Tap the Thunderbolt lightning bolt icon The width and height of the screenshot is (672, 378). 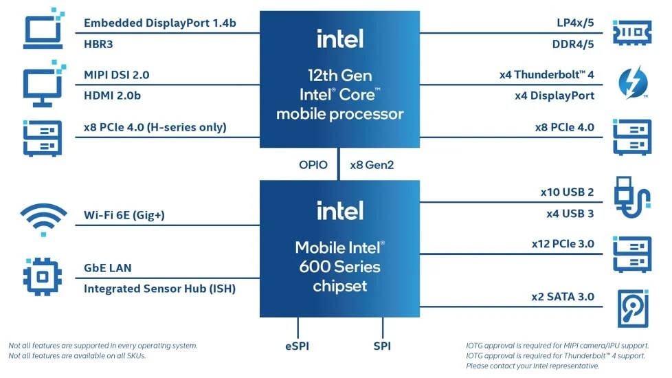tap(633, 82)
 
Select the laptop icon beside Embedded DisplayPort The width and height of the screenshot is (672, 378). tap(43, 29)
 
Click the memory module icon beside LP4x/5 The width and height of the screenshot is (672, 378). tap(632, 32)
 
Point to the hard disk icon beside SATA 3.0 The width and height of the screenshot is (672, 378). tap(633, 309)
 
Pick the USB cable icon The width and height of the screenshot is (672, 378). tap(632, 197)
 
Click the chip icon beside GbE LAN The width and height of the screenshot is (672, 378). tap(43, 276)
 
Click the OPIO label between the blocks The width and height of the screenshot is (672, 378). tap(313, 165)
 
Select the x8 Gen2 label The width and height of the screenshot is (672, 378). tap(372, 165)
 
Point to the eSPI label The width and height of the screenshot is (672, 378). tap(297, 346)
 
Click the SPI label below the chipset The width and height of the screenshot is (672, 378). tap(382, 346)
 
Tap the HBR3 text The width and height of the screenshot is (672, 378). tap(98, 44)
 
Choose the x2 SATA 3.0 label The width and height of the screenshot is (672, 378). tap(563, 297)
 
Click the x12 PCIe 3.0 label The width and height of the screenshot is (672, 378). tap(563, 244)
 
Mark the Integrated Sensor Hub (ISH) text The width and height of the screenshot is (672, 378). tap(159, 289)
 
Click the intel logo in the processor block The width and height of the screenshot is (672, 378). tap(340, 38)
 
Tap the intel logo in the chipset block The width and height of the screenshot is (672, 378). tap(340, 210)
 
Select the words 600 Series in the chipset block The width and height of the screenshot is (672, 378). tap(340, 267)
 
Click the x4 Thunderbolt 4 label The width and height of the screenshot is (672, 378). tap(547, 75)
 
